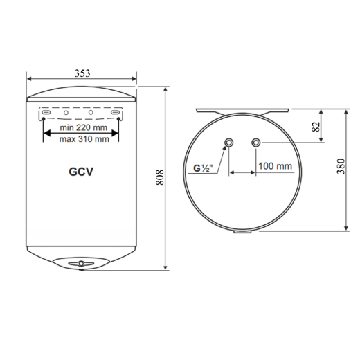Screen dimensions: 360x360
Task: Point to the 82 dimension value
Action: coord(316,126)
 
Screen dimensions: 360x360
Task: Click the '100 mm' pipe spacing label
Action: coord(275,166)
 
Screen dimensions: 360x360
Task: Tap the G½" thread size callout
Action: coord(203,167)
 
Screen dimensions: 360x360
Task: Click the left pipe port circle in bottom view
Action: coord(228,143)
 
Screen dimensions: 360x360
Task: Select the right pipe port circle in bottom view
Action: coord(256,143)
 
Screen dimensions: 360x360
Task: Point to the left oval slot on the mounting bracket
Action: coord(45,111)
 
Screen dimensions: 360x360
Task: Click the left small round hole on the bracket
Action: coord(66,111)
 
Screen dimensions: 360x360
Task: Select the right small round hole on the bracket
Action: coord(91,111)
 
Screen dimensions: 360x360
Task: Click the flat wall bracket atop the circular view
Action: coord(242,109)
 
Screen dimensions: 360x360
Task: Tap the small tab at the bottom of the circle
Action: coord(242,233)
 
